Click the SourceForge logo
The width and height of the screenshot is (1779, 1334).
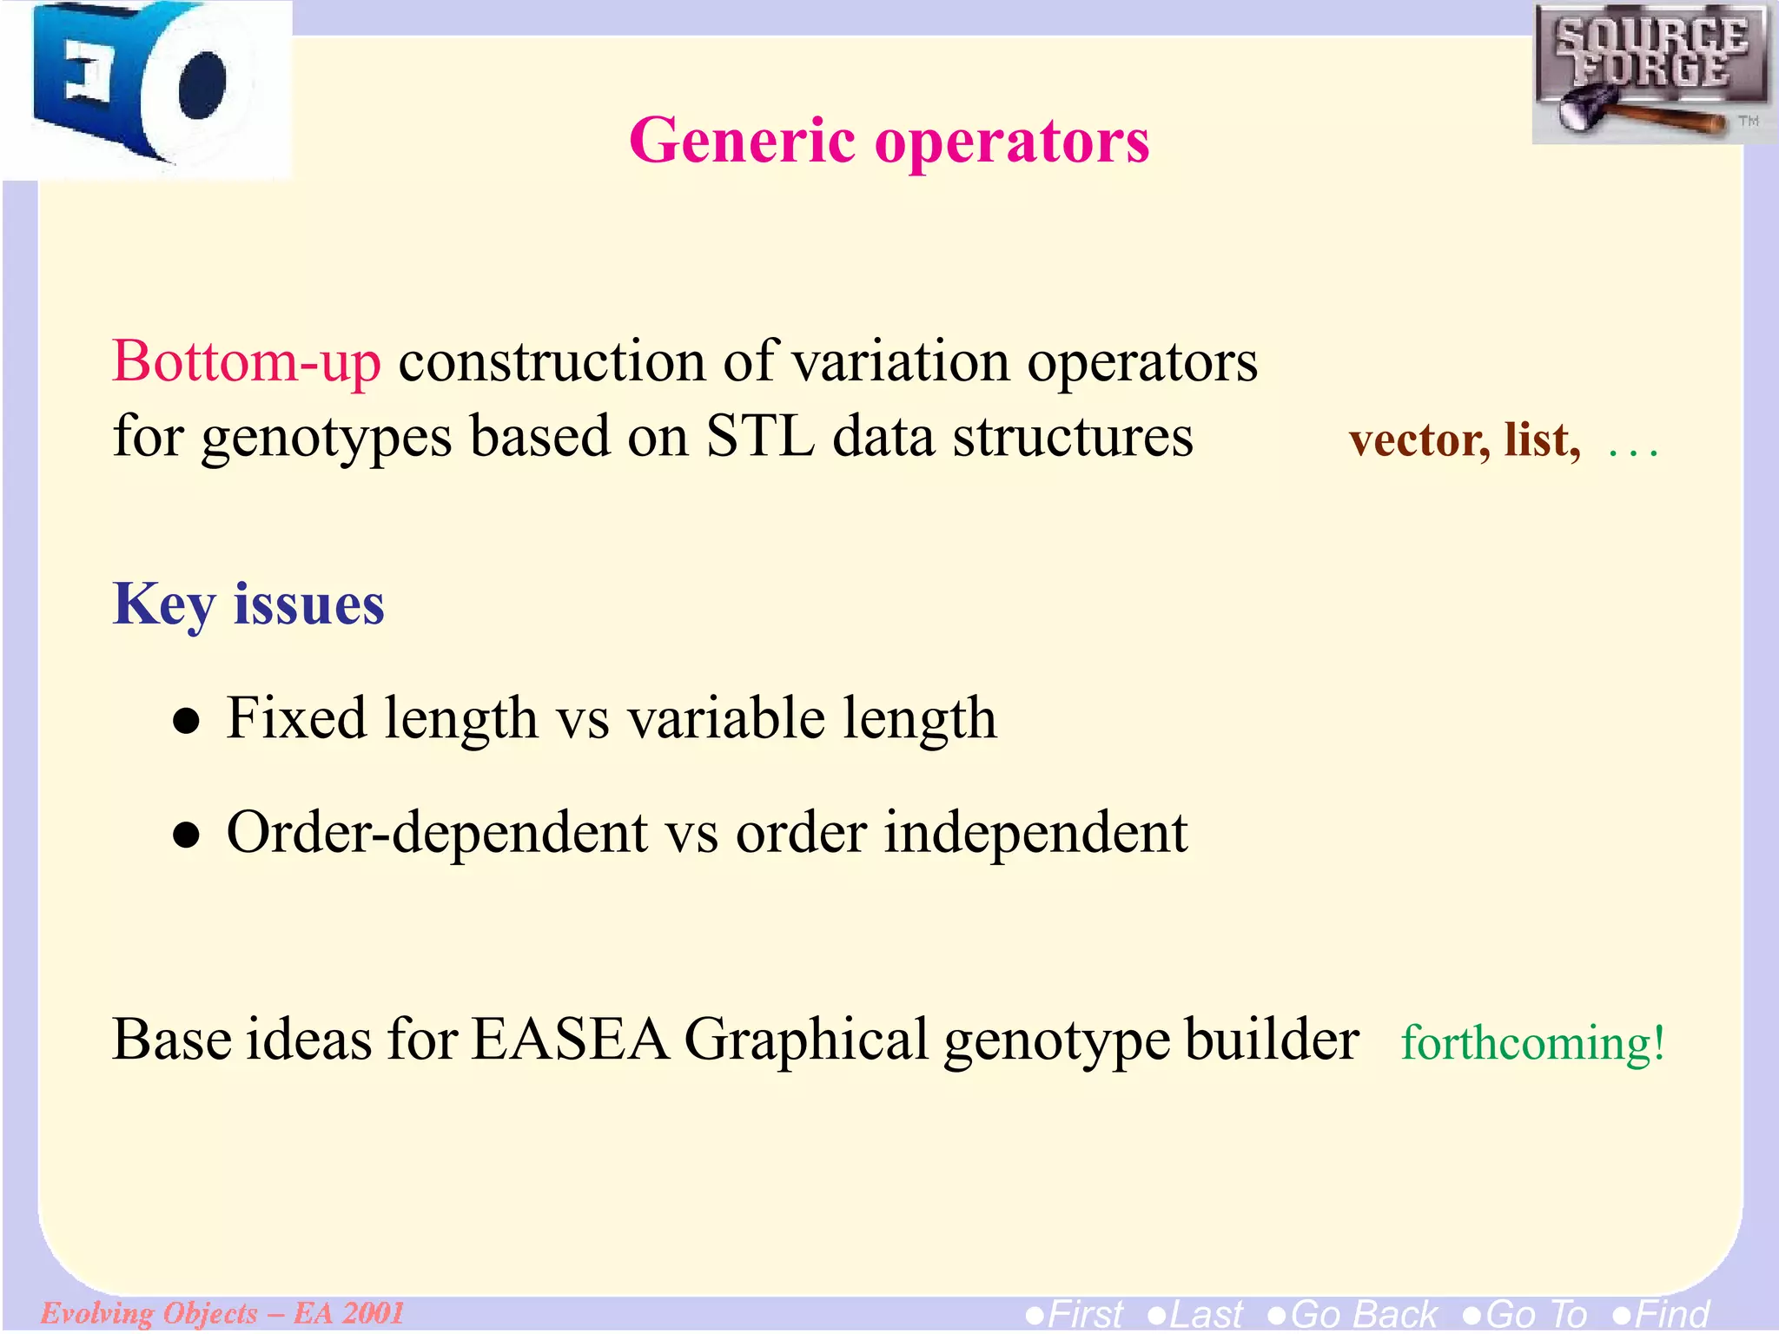pyautogui.click(x=1650, y=74)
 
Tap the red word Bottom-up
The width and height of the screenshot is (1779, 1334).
pyautogui.click(x=247, y=361)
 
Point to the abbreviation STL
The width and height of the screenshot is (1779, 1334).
pyautogui.click(x=760, y=436)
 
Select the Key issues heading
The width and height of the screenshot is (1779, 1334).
pyautogui.click(x=248, y=604)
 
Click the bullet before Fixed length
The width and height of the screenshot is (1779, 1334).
pyautogui.click(x=186, y=722)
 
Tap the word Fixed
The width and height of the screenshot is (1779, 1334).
pyautogui.click(x=296, y=719)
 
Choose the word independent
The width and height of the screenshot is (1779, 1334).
pyautogui.click(x=1035, y=833)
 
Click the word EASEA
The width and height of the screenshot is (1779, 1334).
pyautogui.click(x=570, y=1040)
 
